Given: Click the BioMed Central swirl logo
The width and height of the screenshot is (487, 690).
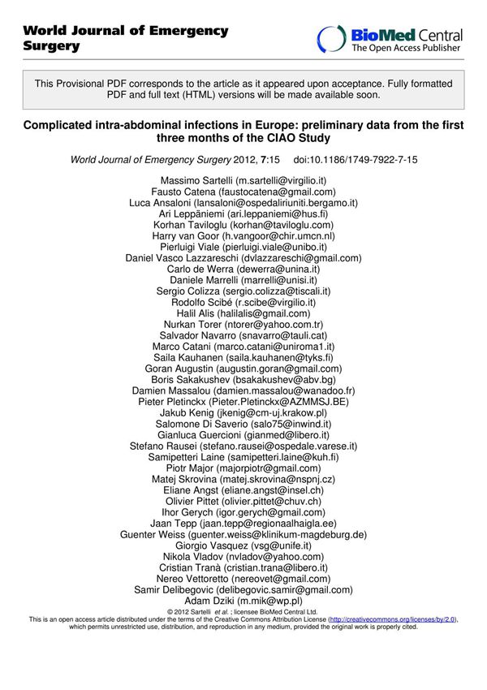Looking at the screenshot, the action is (x=331, y=38).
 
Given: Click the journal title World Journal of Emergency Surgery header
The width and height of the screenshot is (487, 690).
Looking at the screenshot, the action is (x=126, y=38).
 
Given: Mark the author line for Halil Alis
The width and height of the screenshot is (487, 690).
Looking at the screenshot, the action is (x=243, y=313).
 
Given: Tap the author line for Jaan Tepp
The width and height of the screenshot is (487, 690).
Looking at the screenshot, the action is (x=243, y=524).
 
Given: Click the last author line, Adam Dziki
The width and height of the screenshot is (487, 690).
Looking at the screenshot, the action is (x=243, y=601).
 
